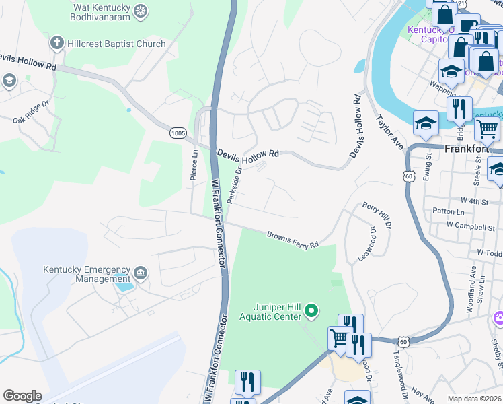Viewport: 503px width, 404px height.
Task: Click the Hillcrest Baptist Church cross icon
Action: (x=56, y=44)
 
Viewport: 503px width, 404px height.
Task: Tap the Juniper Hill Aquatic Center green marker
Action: (x=311, y=311)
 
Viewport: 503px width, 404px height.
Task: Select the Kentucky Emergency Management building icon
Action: (x=140, y=273)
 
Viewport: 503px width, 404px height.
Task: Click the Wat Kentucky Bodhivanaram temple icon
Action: (x=140, y=11)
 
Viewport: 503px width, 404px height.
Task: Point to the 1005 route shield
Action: (x=178, y=133)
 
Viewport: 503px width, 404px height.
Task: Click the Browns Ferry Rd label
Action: (x=292, y=240)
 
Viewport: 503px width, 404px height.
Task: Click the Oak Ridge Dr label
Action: (x=32, y=112)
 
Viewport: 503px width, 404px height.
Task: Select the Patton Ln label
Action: (x=449, y=212)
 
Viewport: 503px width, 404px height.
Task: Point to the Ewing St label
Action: (x=428, y=166)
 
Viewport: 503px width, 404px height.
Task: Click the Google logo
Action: (x=23, y=396)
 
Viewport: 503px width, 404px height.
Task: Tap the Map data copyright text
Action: (x=474, y=399)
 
